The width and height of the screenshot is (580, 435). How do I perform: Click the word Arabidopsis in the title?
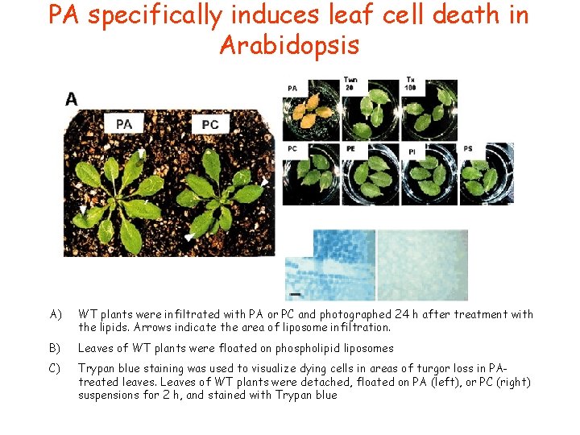(289, 45)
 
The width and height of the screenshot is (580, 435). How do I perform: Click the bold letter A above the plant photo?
(72, 98)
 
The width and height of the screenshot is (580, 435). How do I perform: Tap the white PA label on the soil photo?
(125, 123)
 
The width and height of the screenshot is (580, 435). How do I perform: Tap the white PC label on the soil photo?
(210, 124)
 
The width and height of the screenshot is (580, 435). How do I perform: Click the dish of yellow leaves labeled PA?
(310, 110)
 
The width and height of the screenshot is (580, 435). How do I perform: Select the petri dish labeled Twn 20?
(370, 110)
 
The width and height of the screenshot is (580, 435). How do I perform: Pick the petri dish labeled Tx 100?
(429, 110)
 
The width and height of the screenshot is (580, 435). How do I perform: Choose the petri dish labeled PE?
(370, 174)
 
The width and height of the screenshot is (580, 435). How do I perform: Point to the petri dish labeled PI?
(429, 174)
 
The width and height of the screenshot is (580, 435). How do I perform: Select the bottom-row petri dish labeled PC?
(310, 174)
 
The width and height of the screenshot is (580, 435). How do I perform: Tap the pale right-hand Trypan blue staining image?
(421, 265)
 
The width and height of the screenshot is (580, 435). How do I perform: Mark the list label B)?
(56, 349)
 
